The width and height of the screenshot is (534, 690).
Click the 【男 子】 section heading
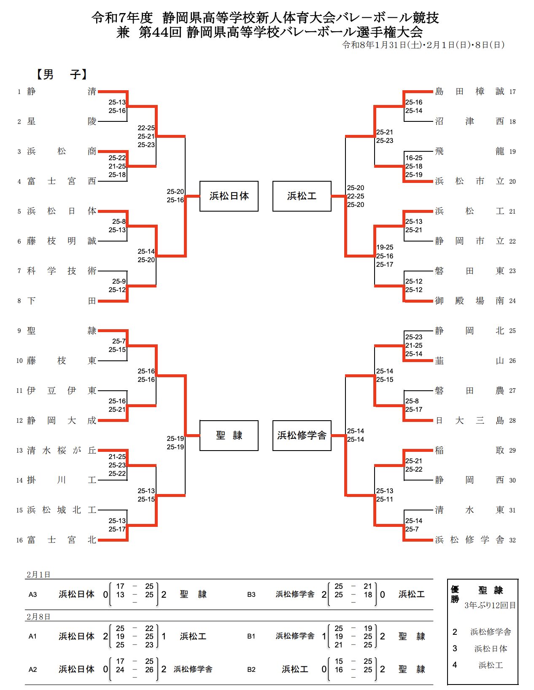tap(62, 75)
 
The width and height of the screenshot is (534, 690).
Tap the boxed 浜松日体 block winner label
tap(229, 196)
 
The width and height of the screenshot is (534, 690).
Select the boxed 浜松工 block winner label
tap(302, 196)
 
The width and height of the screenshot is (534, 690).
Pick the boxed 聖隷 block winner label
tap(229, 435)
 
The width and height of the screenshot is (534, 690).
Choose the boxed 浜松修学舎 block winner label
tap(302, 435)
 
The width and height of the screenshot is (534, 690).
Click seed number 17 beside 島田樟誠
tap(512, 92)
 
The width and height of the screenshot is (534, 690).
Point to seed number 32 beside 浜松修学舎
tap(512, 540)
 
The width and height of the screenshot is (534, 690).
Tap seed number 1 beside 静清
tap(19, 92)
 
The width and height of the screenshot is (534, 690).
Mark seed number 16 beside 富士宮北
tap(19, 540)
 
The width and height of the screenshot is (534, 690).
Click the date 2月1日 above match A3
tap(38, 575)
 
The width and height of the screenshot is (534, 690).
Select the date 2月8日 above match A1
tap(38, 617)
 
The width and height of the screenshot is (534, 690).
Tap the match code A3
tap(33, 595)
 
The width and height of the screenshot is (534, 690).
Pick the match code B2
tap(251, 669)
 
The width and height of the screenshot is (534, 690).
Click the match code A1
tap(33, 636)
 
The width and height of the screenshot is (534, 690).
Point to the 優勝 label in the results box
tap(455, 594)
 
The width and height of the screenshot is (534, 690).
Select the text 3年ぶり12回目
tap(490, 605)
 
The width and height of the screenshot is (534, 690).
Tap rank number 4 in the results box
tap(455, 665)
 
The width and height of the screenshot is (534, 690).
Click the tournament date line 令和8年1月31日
tap(423, 45)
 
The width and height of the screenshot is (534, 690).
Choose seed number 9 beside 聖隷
tap(19, 331)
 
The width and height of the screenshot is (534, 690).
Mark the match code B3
tap(251, 595)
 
